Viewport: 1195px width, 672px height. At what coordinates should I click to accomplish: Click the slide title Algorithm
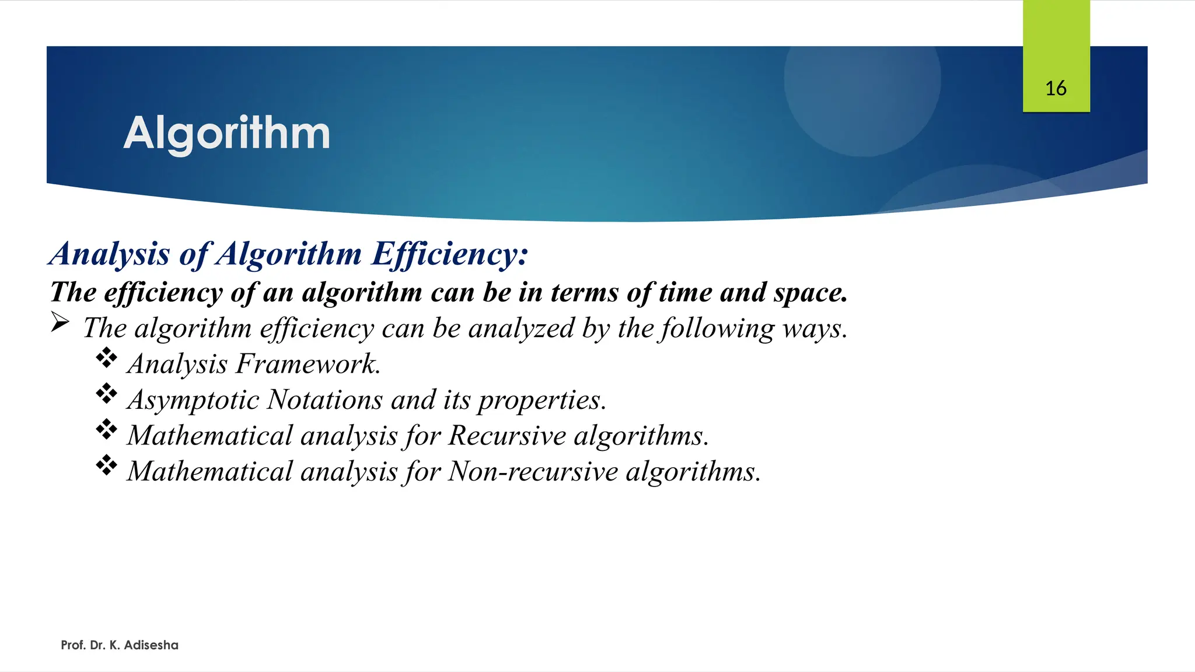coord(226,134)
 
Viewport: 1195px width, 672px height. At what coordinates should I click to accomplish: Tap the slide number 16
coord(1056,89)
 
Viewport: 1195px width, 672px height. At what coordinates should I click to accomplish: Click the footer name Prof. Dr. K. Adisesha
coord(120,645)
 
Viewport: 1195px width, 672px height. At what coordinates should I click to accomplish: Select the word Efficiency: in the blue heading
coord(449,254)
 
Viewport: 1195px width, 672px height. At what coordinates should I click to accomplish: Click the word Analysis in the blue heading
coord(110,254)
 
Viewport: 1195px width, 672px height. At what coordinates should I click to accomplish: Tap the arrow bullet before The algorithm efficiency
coord(60,322)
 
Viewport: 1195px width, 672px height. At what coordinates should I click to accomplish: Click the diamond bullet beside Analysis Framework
coord(107,358)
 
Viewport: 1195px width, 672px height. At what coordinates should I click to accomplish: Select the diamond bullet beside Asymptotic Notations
coord(107,394)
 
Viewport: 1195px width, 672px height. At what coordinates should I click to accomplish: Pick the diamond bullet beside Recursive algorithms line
coord(107,430)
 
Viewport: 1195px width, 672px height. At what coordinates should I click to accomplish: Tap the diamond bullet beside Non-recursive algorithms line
coord(107,466)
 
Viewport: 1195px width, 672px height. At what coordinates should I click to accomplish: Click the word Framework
coord(308,365)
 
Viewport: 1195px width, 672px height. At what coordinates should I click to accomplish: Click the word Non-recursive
coord(533,472)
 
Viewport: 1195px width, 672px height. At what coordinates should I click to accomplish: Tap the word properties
coord(541,401)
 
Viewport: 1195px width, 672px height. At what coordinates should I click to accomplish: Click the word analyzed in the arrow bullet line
coord(521,329)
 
